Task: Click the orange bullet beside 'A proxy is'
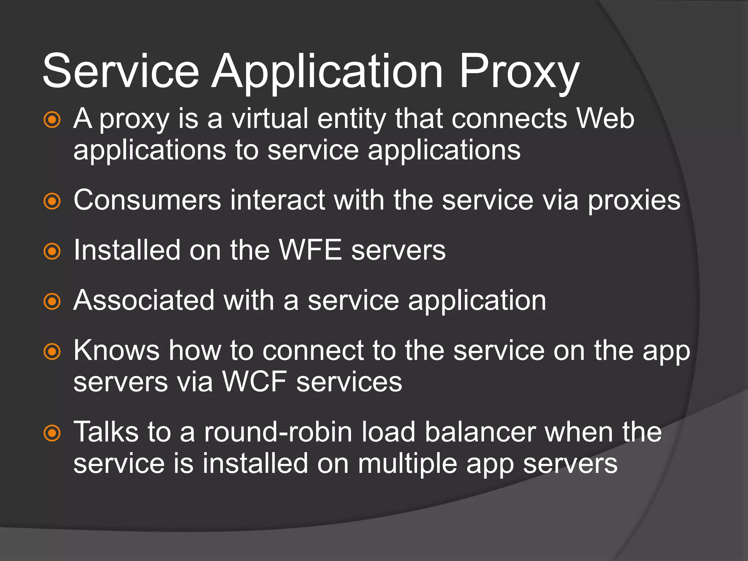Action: tap(52, 120)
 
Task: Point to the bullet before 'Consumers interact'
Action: tap(52, 201)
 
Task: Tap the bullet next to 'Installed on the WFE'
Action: tap(52, 251)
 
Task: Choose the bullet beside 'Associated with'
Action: tap(52, 301)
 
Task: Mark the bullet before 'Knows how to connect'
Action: tap(52, 351)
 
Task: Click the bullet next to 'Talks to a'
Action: tap(52, 433)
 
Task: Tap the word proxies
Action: tap(634, 201)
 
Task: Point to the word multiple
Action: tap(407, 464)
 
